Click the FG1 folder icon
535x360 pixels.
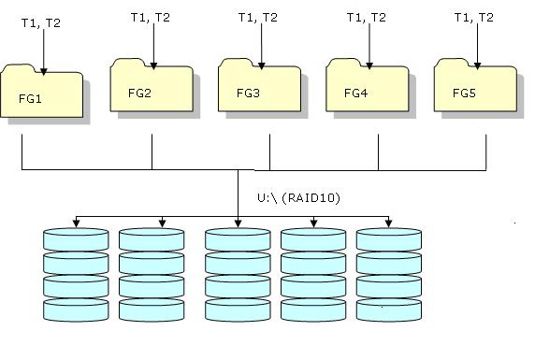click(x=43, y=94)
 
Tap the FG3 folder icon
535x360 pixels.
click(x=258, y=88)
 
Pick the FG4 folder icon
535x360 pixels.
click(x=367, y=88)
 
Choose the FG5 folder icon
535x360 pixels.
click(x=474, y=88)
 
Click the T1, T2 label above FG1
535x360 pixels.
click(x=40, y=22)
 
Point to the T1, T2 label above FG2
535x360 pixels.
click(x=151, y=16)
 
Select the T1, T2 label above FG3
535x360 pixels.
click(x=258, y=16)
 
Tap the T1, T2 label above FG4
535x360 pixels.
click(x=367, y=16)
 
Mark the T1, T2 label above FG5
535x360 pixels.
click(x=474, y=16)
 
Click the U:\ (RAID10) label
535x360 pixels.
click(x=297, y=198)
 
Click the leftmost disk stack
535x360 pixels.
click(x=75, y=273)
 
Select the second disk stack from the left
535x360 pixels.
click(x=151, y=273)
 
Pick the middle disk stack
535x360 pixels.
click(x=237, y=273)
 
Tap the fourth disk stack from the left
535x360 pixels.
click(x=313, y=273)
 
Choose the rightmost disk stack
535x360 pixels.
click(x=388, y=273)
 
